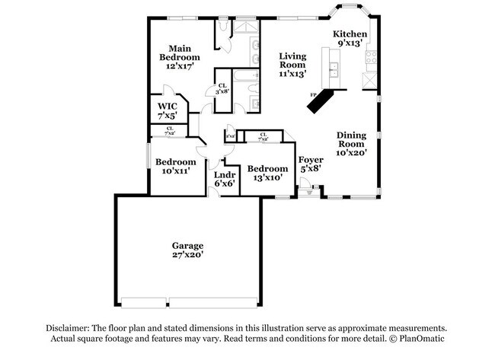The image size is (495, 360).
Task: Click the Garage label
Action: [x=187, y=246]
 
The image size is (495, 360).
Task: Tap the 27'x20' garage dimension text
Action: [x=187, y=256]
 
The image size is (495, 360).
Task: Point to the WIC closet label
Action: [x=168, y=106]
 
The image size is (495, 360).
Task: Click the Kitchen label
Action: [x=350, y=34]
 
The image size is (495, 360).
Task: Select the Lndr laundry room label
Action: [x=224, y=174]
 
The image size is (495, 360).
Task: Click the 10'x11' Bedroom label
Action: [x=176, y=162]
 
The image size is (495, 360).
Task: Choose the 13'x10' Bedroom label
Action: [x=267, y=168]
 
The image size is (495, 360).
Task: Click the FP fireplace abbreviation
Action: [x=312, y=95]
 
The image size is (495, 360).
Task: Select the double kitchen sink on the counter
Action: [x=333, y=71]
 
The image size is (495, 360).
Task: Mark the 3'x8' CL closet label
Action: [x=223, y=89]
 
